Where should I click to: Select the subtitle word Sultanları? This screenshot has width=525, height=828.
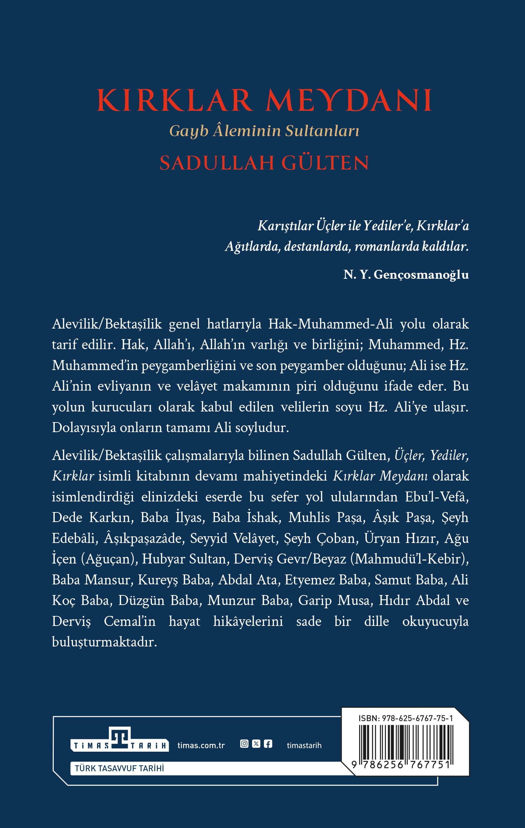coord(322,131)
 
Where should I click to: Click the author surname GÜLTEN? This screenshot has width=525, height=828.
coord(325,163)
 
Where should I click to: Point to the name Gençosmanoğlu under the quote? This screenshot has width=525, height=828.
coord(421,274)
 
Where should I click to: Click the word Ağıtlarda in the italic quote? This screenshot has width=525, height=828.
coord(252,247)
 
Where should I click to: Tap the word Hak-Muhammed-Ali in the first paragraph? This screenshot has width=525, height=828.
coord(330,324)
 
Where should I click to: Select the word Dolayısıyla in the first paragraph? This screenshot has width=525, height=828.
coord(84,428)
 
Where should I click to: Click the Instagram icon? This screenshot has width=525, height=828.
coord(244,744)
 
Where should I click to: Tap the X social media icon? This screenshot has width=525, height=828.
coord(256,744)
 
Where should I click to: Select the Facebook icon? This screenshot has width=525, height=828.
coord(268,744)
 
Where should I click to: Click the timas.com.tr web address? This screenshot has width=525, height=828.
coord(201,745)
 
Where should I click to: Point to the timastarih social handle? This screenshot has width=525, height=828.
coord(304,745)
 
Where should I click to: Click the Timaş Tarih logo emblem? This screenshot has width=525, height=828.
coord(120,738)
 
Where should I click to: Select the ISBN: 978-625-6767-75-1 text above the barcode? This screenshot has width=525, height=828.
coord(405,718)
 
